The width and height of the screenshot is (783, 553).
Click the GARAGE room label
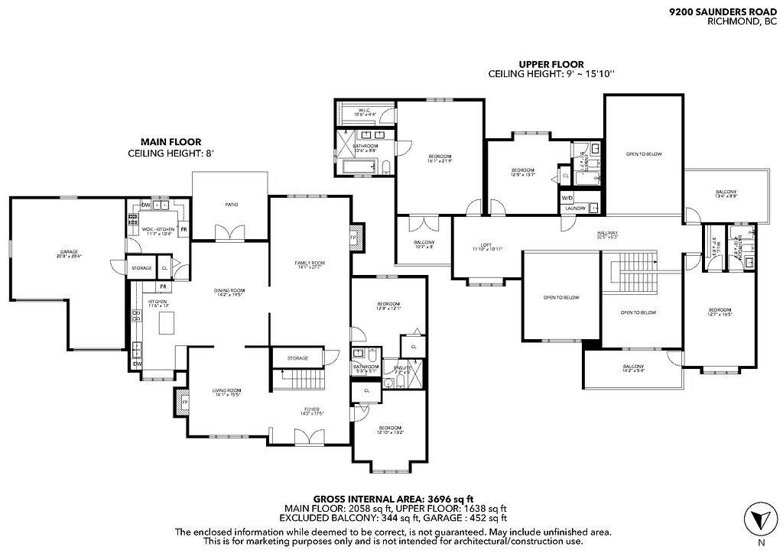click(70, 253)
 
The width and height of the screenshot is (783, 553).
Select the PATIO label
click(229, 205)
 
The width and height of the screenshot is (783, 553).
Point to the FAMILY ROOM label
click(310, 264)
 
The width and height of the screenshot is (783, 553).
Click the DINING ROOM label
click(229, 291)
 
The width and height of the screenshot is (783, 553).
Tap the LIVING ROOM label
click(226, 393)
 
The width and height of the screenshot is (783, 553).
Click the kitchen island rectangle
click(166, 322)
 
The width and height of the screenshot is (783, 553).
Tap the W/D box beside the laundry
click(567, 198)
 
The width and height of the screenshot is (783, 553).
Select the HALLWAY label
click(608, 234)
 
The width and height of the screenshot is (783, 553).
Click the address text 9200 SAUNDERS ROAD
click(723, 12)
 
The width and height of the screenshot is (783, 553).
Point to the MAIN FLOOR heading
click(171, 141)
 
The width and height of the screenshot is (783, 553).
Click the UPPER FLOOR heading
click(551, 64)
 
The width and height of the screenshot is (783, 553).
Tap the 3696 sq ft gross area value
click(443, 498)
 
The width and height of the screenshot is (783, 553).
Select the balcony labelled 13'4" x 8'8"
click(726, 193)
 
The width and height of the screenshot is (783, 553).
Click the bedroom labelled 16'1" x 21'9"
click(440, 158)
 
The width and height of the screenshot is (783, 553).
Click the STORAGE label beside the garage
click(141, 268)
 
